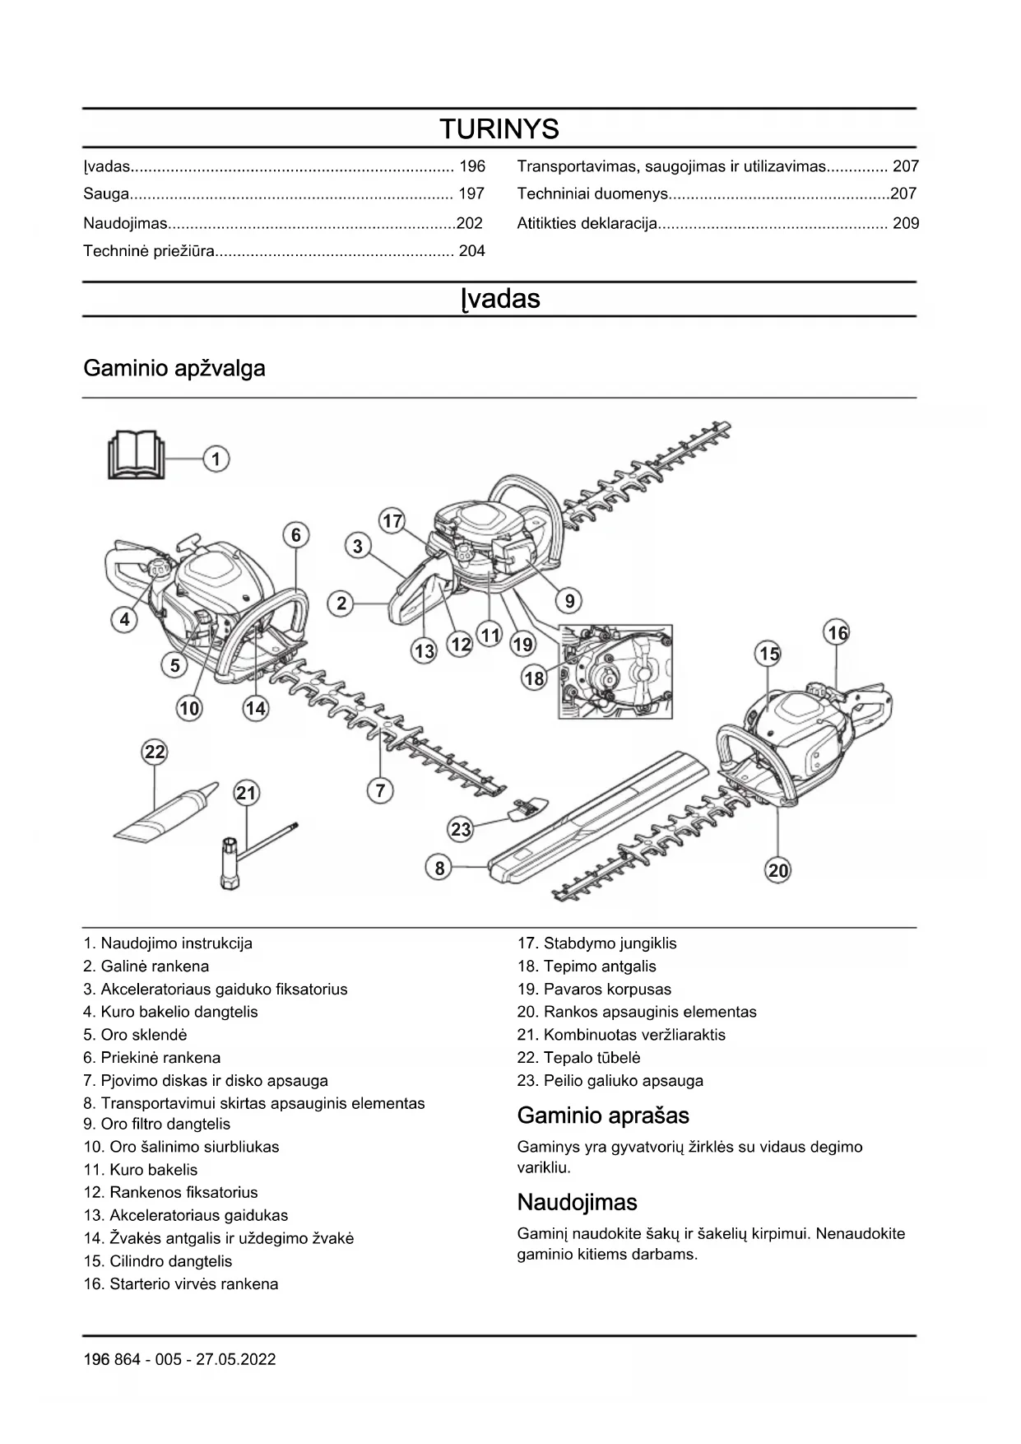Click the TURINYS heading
499,129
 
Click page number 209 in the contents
905,223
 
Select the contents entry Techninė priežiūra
148,251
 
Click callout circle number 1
216,459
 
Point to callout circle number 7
380,791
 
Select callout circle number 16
837,633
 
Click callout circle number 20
777,870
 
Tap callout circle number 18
534,678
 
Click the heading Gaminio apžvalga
174,368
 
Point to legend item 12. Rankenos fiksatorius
170,1192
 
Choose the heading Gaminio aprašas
603,1116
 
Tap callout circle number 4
124,619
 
